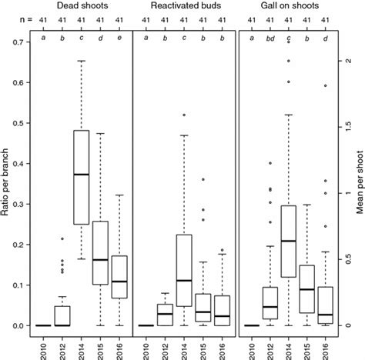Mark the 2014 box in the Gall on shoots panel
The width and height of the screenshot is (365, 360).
pyautogui.click(x=289, y=241)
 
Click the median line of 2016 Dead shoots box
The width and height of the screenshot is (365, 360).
pyautogui.click(x=118, y=282)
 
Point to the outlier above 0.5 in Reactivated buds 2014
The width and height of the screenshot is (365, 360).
pyautogui.click(x=183, y=115)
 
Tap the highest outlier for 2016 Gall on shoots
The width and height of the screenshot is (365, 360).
pyautogui.click(x=325, y=86)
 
